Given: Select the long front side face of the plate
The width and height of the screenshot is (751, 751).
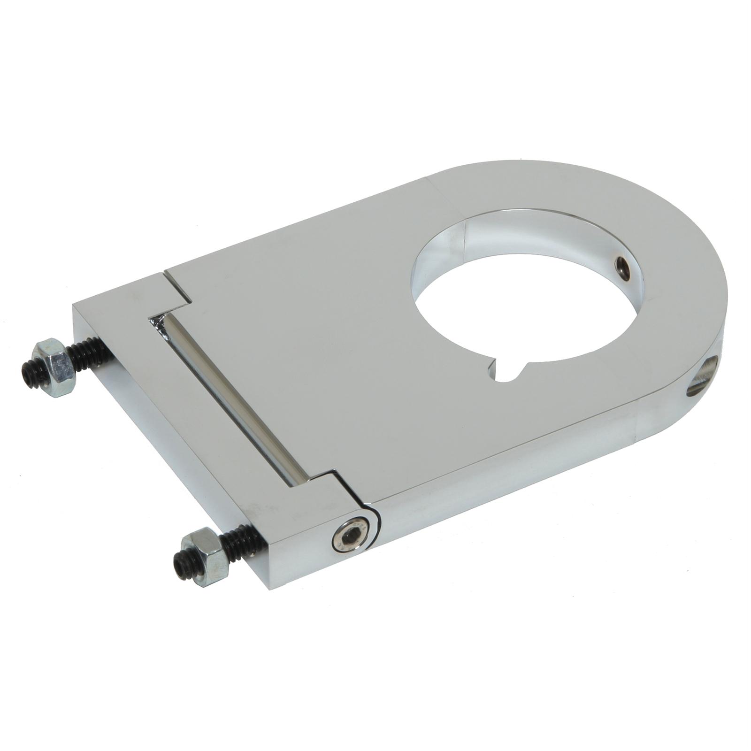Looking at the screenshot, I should click(493, 469).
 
